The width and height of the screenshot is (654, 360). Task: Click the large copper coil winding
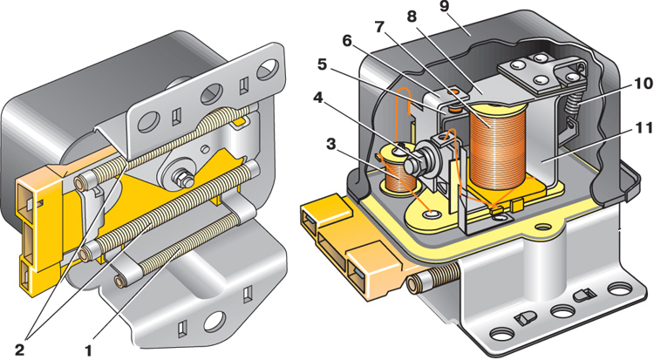pos(497,148)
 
